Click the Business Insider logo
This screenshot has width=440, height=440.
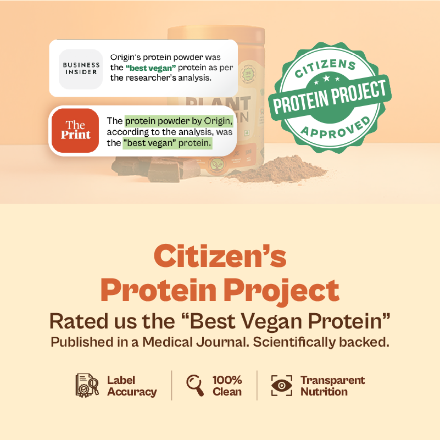(x=81, y=69)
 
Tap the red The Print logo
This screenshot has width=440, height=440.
(x=75, y=131)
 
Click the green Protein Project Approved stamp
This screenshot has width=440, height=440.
(x=330, y=97)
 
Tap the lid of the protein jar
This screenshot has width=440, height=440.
(x=216, y=33)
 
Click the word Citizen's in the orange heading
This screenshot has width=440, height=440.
(x=220, y=256)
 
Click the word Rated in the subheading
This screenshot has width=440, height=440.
(x=79, y=321)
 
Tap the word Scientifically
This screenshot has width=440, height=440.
(x=294, y=343)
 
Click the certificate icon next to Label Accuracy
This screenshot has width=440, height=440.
(x=87, y=385)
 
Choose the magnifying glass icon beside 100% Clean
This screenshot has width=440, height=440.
(x=195, y=385)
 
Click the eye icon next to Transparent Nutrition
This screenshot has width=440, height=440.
(x=282, y=386)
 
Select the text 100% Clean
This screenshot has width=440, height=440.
(x=227, y=386)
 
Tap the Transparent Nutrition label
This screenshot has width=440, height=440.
(x=332, y=386)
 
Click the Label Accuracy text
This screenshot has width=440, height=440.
(x=132, y=386)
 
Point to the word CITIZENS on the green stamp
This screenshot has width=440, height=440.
(x=326, y=68)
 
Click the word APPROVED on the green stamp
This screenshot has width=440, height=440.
(x=336, y=129)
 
